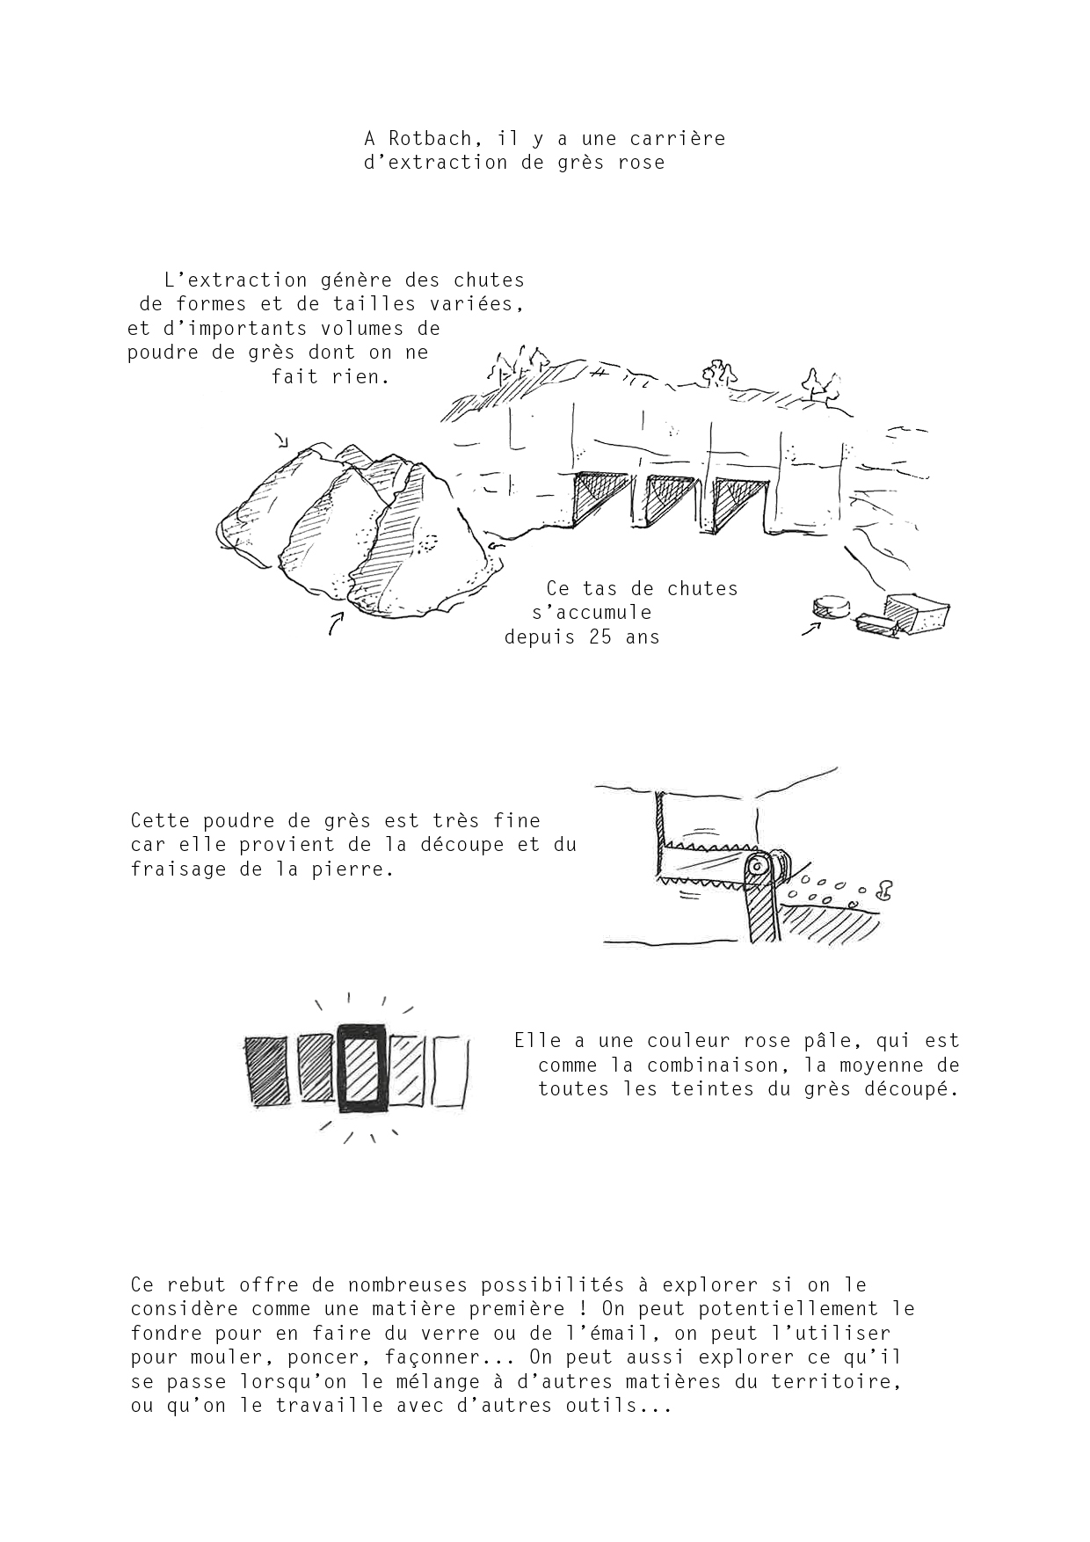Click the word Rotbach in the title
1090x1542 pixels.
431,139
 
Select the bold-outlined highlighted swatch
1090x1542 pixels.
360,1067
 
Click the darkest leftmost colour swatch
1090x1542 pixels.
265,1069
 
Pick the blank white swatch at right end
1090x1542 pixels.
451,1070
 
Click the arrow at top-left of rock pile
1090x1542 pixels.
281,440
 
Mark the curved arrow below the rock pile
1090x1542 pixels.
335,622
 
